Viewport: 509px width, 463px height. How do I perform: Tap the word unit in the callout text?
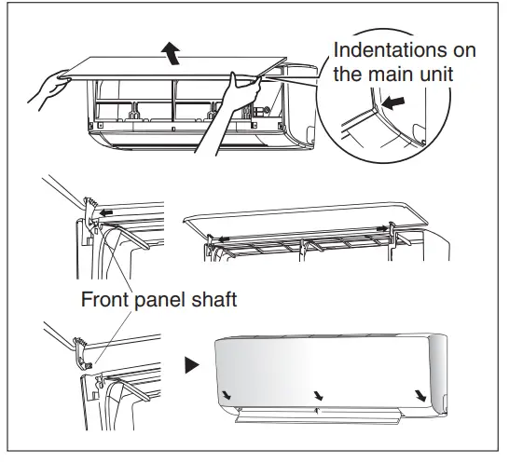click(x=436, y=75)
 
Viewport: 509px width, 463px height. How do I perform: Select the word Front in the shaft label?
click(x=104, y=299)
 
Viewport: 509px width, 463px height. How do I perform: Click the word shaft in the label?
click(x=213, y=299)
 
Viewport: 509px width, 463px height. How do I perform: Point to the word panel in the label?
click(x=159, y=300)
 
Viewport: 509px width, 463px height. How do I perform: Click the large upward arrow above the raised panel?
click(x=172, y=53)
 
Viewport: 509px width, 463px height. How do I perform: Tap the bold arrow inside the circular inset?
click(x=393, y=102)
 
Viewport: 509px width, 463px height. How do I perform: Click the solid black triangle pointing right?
click(x=192, y=365)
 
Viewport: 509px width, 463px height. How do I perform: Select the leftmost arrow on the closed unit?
click(x=227, y=395)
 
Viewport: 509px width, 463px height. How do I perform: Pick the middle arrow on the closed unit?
click(x=319, y=395)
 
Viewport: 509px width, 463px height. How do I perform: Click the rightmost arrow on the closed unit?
click(x=420, y=396)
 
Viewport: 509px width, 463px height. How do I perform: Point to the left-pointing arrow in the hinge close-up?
click(x=106, y=212)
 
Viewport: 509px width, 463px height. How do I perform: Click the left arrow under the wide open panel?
click(x=224, y=239)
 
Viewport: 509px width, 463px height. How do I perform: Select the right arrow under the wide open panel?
click(x=382, y=229)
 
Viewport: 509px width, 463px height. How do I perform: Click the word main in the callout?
click(x=392, y=75)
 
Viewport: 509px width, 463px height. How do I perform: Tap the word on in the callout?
click(x=464, y=51)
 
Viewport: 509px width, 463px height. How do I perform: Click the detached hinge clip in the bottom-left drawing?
click(x=83, y=353)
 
